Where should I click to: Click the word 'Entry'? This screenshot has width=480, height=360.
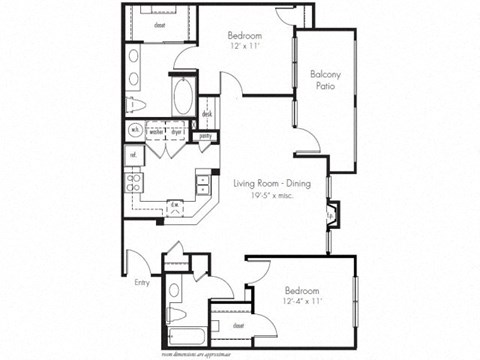[142, 283]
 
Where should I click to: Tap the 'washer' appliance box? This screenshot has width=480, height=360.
[156, 130]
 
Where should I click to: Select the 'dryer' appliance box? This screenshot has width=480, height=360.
[181, 130]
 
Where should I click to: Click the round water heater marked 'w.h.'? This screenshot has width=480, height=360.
[134, 130]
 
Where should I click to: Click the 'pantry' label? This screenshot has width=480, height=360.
[205, 136]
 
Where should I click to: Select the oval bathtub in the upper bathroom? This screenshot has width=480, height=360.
[183, 98]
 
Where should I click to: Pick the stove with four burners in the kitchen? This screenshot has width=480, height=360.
[133, 183]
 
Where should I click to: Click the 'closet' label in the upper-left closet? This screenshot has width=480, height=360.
[161, 19]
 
